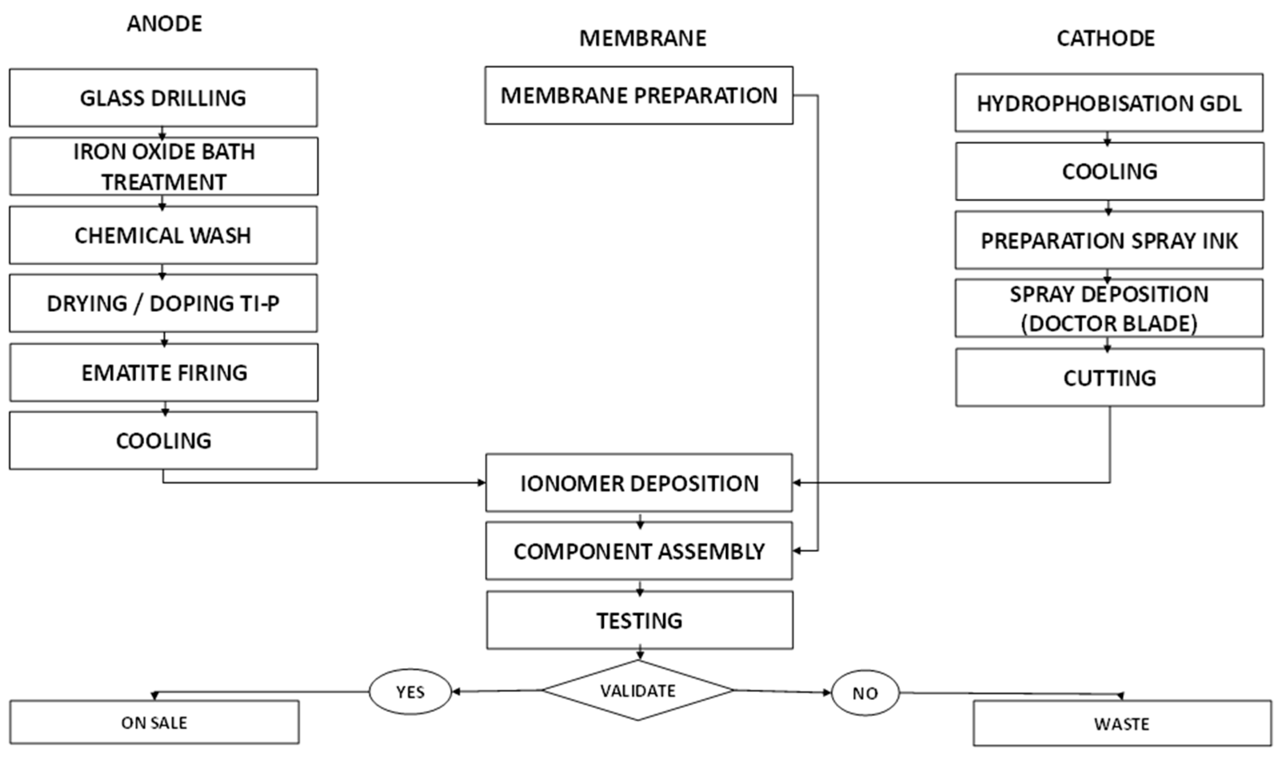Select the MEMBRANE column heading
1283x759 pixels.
[x=642, y=39]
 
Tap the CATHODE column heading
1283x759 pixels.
[x=1105, y=39]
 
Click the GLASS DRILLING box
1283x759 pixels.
[x=163, y=98]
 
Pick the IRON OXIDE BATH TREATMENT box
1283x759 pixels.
[x=164, y=166]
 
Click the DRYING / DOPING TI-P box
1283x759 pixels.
[x=163, y=304]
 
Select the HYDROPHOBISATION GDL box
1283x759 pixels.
[x=1109, y=103]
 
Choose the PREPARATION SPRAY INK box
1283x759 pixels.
[x=1109, y=240]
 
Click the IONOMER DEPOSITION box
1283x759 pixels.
[x=639, y=483]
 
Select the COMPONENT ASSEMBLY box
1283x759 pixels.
[x=639, y=552]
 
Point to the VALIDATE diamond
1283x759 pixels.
[x=638, y=691]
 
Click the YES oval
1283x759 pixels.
[x=410, y=692]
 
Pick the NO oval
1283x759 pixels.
[x=865, y=693]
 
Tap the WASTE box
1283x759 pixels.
[x=1122, y=724]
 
